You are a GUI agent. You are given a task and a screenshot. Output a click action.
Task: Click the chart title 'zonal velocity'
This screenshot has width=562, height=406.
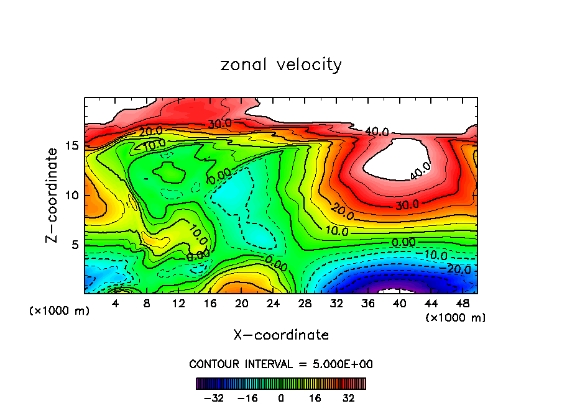tap(281, 65)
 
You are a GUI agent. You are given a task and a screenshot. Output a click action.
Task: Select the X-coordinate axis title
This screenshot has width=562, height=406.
tap(281, 335)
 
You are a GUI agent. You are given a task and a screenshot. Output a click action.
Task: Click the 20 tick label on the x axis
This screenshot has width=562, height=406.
tap(241, 304)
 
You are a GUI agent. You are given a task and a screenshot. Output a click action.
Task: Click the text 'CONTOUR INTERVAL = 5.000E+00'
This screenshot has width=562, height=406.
tap(281, 364)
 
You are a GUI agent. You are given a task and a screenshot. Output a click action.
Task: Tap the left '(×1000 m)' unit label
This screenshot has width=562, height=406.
tap(59, 311)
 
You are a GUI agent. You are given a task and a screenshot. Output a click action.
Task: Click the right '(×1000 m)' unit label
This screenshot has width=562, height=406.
tap(455, 318)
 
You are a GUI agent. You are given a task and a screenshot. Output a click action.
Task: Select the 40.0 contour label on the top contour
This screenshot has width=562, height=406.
tap(377, 132)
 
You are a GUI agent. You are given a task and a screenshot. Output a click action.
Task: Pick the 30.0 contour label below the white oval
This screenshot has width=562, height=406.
tap(408, 204)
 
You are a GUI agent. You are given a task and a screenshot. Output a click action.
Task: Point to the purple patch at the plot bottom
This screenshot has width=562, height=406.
tap(398, 289)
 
